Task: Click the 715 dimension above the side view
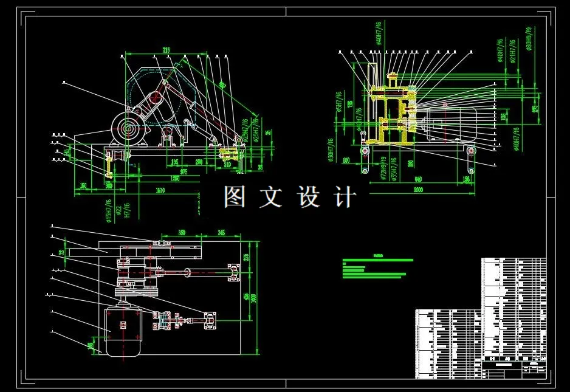165,49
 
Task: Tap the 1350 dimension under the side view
175,178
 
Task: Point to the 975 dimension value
184,172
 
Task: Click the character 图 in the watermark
235,196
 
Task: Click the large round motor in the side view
128,129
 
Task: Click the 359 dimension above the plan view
182,233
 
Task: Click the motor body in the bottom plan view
124,331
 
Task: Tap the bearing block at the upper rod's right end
233,272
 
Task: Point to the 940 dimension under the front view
417,179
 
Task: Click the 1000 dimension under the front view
417,190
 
